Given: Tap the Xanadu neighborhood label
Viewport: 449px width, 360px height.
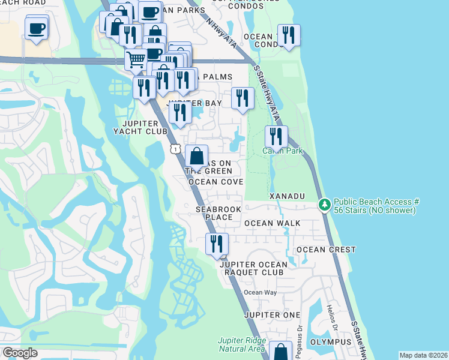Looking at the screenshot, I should click(x=288, y=196).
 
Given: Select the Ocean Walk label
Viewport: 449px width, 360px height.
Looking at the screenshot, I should click(x=272, y=223).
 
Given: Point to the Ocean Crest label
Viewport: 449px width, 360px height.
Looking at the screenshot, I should click(x=326, y=250).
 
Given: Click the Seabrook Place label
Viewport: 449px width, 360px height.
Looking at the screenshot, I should click(x=214, y=213).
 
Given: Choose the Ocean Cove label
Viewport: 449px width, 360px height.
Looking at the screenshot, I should click(x=215, y=182).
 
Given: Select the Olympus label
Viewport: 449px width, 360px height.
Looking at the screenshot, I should click(x=330, y=342).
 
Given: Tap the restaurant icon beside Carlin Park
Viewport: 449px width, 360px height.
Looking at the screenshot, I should click(x=276, y=137).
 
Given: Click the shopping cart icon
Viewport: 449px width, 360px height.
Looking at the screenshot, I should click(x=136, y=59).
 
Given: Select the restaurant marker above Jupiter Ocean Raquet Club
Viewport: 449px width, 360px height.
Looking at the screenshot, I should click(x=217, y=244).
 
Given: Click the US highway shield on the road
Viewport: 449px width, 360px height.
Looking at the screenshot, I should click(x=175, y=148).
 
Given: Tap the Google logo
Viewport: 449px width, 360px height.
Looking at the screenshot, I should click(x=20, y=353).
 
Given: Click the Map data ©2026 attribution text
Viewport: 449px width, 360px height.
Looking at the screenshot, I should click(x=423, y=355).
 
